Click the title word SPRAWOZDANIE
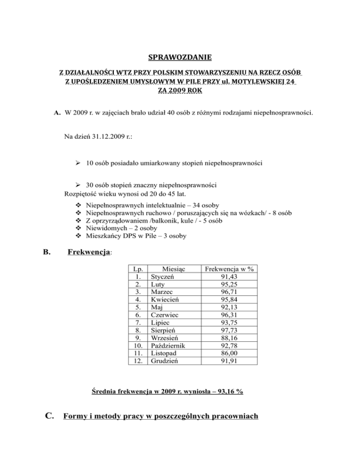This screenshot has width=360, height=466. click(x=180, y=58)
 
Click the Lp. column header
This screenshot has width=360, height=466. click(x=138, y=269)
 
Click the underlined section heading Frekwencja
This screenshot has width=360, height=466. click(x=89, y=252)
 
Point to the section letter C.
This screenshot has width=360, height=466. click(x=48, y=414)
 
